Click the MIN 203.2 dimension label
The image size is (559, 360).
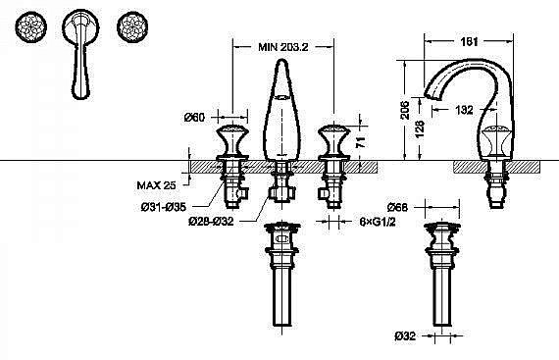coord(283,47)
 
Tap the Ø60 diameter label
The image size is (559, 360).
coord(194,117)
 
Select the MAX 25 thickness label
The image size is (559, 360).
coord(156,185)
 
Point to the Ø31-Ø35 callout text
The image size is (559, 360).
coord(164,207)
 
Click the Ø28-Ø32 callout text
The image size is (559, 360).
coord(211,222)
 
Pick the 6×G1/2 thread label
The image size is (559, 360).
coord(378,222)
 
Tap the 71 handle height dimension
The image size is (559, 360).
coord(361,142)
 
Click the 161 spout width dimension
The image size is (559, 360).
coord(469,42)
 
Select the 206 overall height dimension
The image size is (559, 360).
coord(405,110)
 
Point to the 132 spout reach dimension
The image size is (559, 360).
coord(464,110)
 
